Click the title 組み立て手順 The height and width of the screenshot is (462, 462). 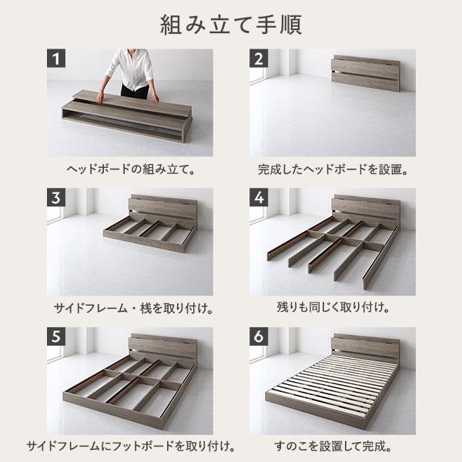[x=231, y=23]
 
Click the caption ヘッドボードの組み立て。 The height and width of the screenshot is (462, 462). [x=129, y=167]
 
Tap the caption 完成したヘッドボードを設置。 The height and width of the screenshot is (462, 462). [x=332, y=167]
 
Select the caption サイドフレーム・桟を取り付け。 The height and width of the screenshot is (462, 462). [x=129, y=307]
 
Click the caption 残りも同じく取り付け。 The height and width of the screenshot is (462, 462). [x=332, y=307]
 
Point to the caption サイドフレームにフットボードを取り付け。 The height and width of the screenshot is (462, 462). [x=129, y=446]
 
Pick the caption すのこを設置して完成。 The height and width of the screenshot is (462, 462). [x=332, y=446]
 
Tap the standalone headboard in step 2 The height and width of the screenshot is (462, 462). [x=365, y=72]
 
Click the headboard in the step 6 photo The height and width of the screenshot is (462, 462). [x=365, y=347]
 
